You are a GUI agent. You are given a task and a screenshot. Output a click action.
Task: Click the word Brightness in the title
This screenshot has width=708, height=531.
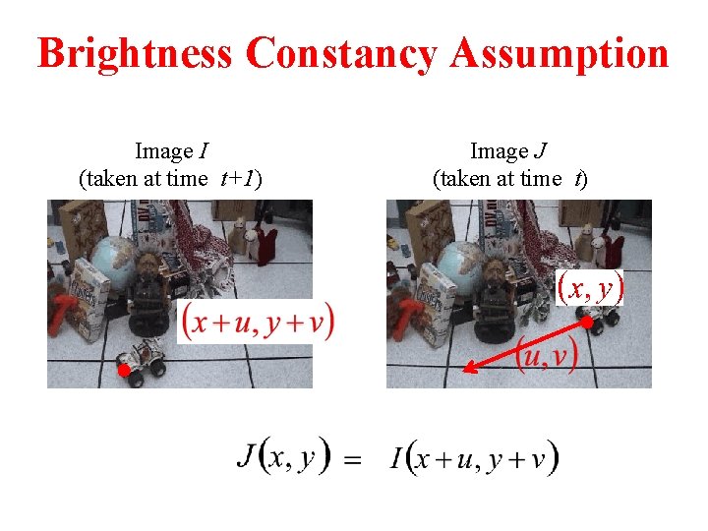click(x=136, y=53)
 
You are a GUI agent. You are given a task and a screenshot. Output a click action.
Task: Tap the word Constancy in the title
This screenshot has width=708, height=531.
click(x=341, y=53)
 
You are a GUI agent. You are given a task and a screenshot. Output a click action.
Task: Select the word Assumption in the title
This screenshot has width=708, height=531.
click(x=559, y=53)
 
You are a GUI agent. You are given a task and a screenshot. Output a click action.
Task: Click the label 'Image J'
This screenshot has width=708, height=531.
click(x=509, y=151)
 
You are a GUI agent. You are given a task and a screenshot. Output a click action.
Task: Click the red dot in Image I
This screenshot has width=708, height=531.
click(x=124, y=371)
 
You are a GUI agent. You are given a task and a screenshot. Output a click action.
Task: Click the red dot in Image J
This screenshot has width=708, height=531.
click(x=585, y=323)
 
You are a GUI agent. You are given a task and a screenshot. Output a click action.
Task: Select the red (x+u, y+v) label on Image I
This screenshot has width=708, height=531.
click(x=259, y=322)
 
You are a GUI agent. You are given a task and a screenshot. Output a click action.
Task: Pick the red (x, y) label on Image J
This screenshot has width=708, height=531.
click(x=590, y=287)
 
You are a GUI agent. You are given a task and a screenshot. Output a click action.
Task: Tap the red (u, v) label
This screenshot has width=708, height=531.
click(x=546, y=355)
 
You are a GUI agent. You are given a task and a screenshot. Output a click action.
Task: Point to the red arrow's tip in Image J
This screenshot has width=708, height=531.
click(x=466, y=370)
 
